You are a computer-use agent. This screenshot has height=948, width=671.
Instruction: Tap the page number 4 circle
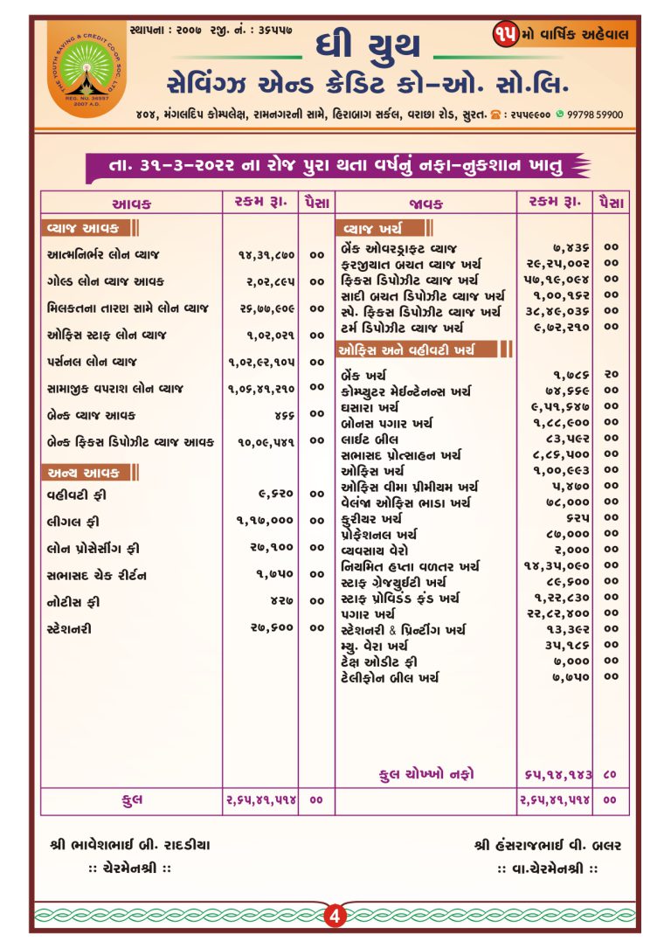click(335, 916)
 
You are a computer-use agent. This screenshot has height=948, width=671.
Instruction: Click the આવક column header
click(132, 204)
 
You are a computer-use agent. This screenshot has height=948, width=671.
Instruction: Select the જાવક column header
click(425, 204)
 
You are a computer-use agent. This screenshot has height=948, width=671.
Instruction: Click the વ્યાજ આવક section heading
click(86, 229)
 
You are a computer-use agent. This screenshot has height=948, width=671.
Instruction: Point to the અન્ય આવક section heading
click(86, 473)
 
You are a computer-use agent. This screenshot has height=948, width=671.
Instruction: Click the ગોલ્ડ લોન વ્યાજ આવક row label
click(105, 281)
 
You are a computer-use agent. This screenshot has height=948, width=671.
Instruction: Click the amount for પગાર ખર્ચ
click(557, 613)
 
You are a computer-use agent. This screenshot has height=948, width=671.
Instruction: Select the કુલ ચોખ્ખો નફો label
click(427, 773)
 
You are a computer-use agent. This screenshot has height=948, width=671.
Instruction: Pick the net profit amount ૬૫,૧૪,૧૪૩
click(557, 774)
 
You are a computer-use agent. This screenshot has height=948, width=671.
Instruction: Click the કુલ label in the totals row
click(132, 799)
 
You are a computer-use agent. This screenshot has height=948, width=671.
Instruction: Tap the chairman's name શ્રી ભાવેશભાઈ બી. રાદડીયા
click(130, 845)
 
